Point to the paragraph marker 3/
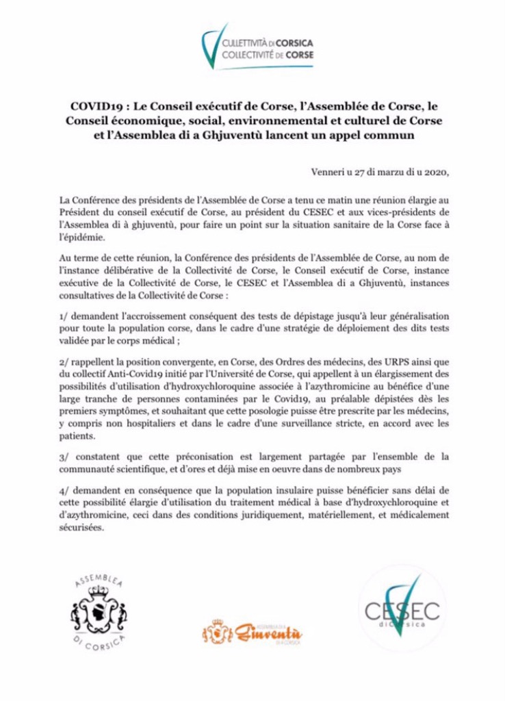(64, 455)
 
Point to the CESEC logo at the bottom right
(401, 608)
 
